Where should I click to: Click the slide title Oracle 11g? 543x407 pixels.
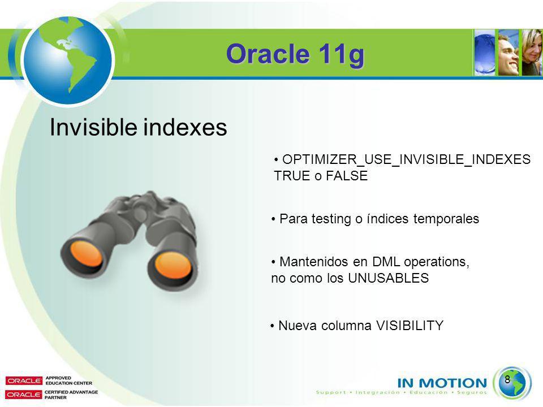pos(295,54)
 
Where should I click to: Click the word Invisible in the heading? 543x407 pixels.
pos(93,127)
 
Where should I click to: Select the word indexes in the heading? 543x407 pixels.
pos(185,127)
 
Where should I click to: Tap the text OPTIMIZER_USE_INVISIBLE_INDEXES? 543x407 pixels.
pos(406,159)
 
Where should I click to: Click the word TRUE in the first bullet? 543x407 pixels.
pos(292,176)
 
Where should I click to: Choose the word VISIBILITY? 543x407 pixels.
pos(410,326)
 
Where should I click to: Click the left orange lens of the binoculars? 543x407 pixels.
pos(86,254)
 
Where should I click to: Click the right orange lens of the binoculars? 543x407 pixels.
pos(173,266)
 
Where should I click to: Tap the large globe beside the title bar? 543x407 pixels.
pos(67,60)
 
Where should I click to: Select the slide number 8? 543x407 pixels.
pos(507,380)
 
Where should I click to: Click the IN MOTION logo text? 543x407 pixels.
pos(442,383)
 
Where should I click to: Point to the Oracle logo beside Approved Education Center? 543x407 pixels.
pos(24,380)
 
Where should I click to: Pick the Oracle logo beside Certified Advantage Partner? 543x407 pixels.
pos(24,395)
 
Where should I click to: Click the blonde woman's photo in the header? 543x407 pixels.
pos(532,52)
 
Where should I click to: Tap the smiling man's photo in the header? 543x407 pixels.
pos(508,52)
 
